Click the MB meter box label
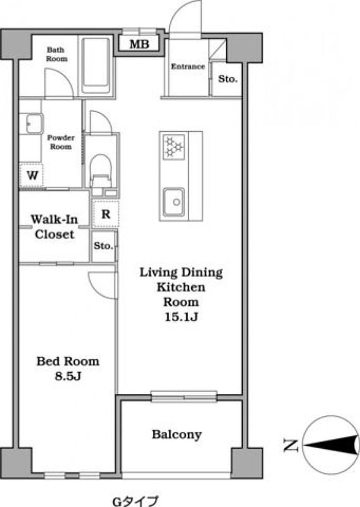pyautogui.click(x=139, y=44)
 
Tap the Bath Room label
pyautogui.click(x=57, y=55)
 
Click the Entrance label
pyautogui.click(x=188, y=66)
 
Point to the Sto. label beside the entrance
pyautogui.click(x=228, y=79)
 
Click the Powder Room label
pyautogui.click(x=61, y=142)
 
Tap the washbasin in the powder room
pyautogui.click(x=31, y=123)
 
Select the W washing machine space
pyautogui.click(x=32, y=176)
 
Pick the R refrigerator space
pyautogui.click(x=105, y=214)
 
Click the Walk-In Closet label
pyautogui.click(x=55, y=226)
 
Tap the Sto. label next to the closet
pyautogui.click(x=103, y=246)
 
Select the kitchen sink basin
pyautogui.click(x=174, y=202)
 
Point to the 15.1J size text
pyautogui.click(x=181, y=317)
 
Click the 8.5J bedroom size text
pyautogui.click(x=67, y=376)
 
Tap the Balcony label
pyautogui.click(x=177, y=435)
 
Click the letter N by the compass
pyautogui.click(x=290, y=445)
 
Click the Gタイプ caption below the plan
pyautogui.click(x=135, y=501)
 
